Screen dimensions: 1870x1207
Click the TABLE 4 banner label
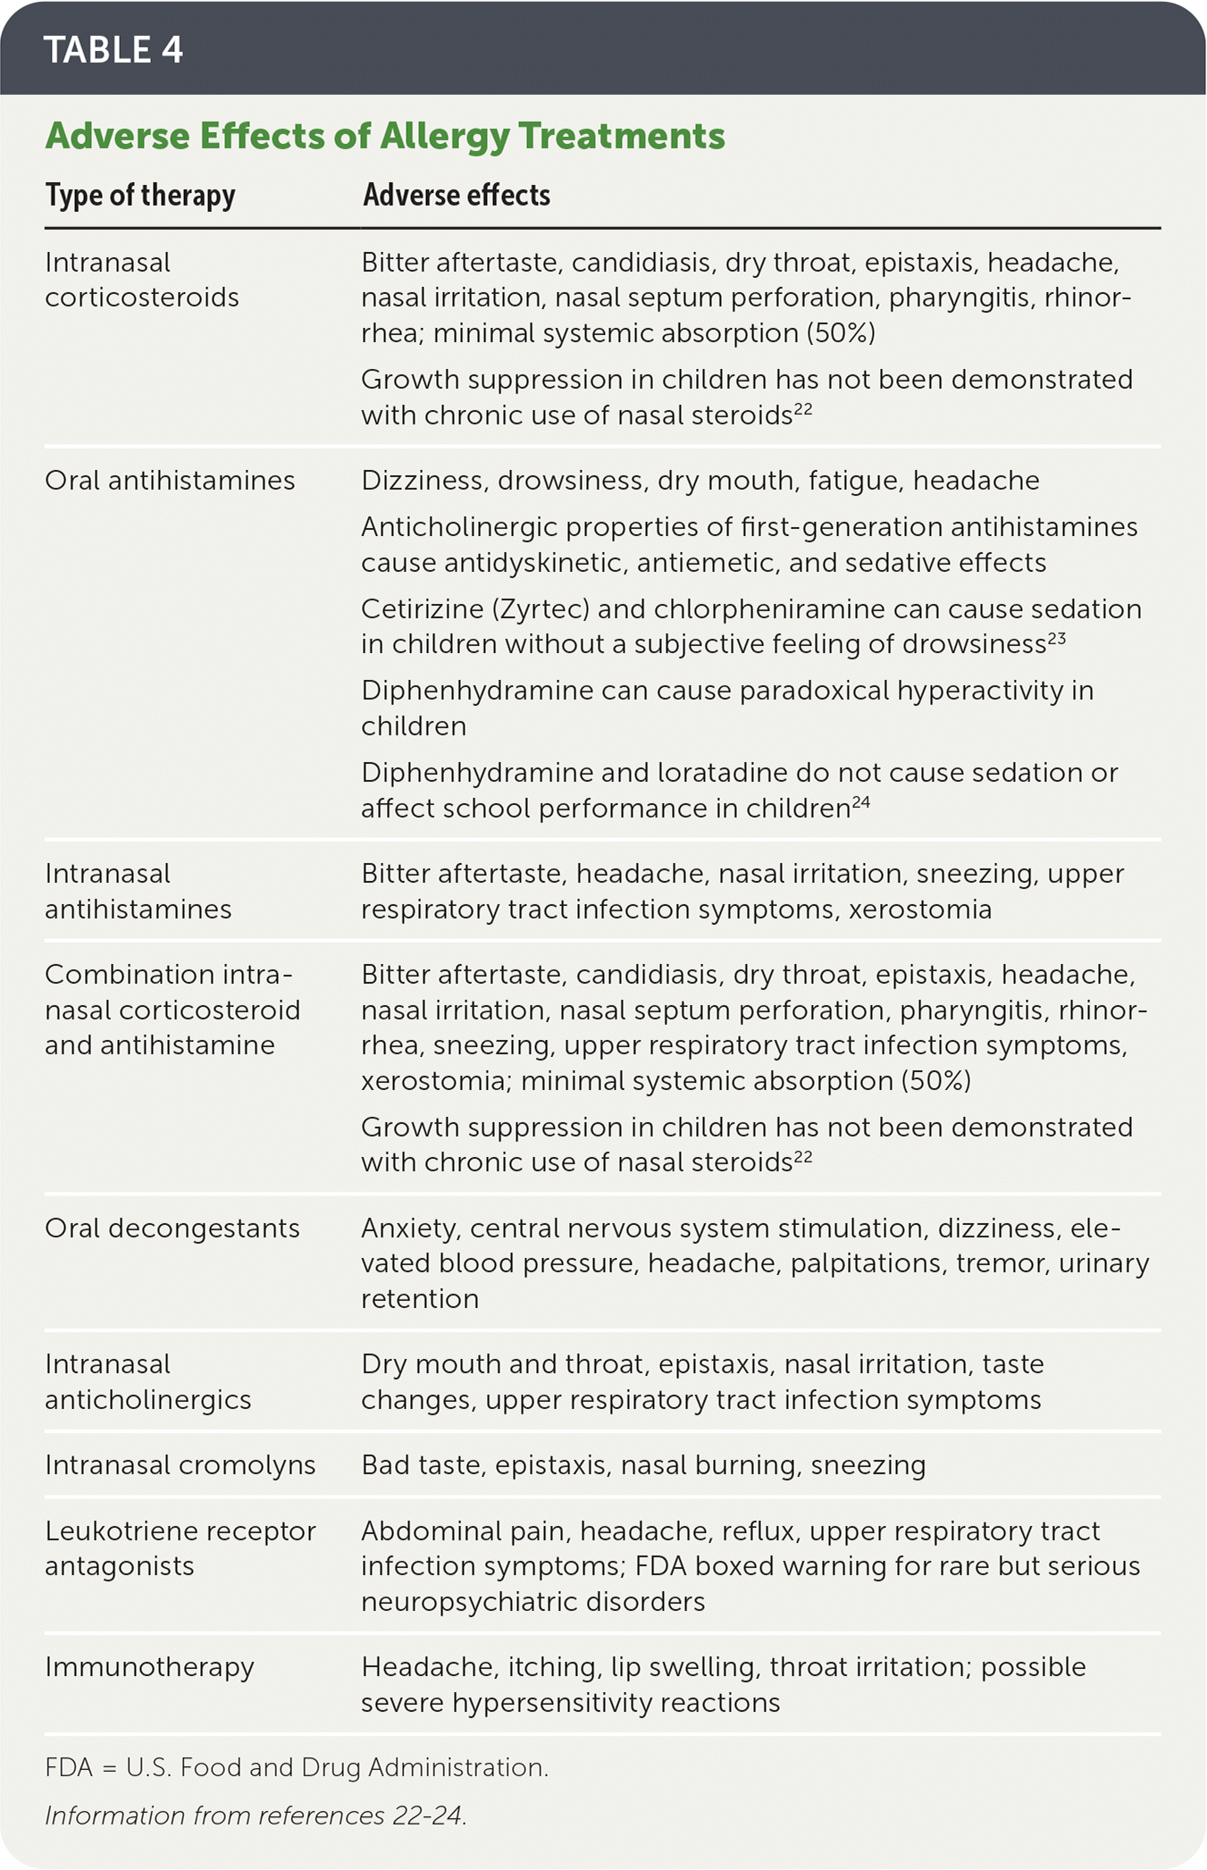113,50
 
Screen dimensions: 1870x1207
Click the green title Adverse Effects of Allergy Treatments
385,136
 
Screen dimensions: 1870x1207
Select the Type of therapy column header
140,195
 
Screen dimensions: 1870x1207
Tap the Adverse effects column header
457,195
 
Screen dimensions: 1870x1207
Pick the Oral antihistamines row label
170,481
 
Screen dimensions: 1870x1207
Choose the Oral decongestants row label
172,1228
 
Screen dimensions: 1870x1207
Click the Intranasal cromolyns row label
180,1465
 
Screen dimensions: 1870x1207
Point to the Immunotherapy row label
149,1667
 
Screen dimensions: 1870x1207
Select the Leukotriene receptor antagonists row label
180,1548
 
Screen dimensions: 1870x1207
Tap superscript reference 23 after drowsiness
1057,639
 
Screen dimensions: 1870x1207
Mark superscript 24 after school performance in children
860,802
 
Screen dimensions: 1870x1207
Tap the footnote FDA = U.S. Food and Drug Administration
297,1767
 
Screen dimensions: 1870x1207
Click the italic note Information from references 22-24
256,1815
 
